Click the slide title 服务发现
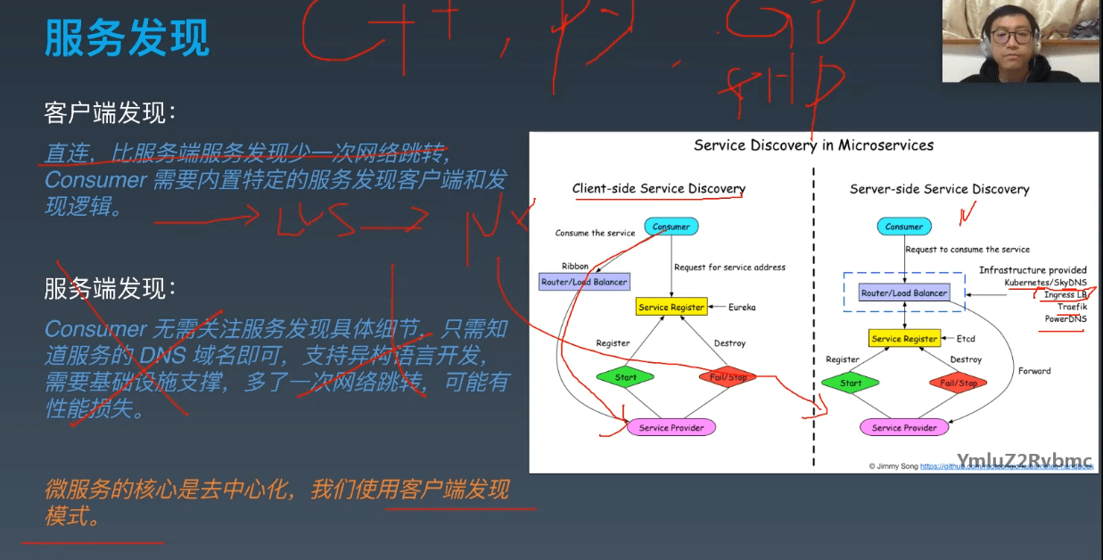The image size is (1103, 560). (x=128, y=38)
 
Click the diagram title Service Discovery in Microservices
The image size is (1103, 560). (x=813, y=144)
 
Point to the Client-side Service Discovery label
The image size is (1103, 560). (x=658, y=188)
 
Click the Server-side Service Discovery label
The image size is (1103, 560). (x=939, y=189)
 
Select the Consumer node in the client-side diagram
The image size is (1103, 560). (x=671, y=226)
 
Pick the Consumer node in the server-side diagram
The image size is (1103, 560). (x=904, y=226)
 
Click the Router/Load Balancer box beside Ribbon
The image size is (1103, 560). (x=584, y=282)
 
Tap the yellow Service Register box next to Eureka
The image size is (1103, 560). (x=671, y=307)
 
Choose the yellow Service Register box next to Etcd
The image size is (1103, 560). (x=904, y=339)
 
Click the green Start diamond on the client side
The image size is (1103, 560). (x=625, y=377)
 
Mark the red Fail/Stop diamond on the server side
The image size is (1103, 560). (x=959, y=383)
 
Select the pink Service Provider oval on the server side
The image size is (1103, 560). (x=904, y=428)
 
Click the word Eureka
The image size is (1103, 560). (x=741, y=308)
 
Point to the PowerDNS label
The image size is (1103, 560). (x=1066, y=319)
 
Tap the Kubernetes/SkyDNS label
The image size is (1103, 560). (x=1045, y=283)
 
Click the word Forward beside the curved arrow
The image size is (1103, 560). (x=1034, y=371)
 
